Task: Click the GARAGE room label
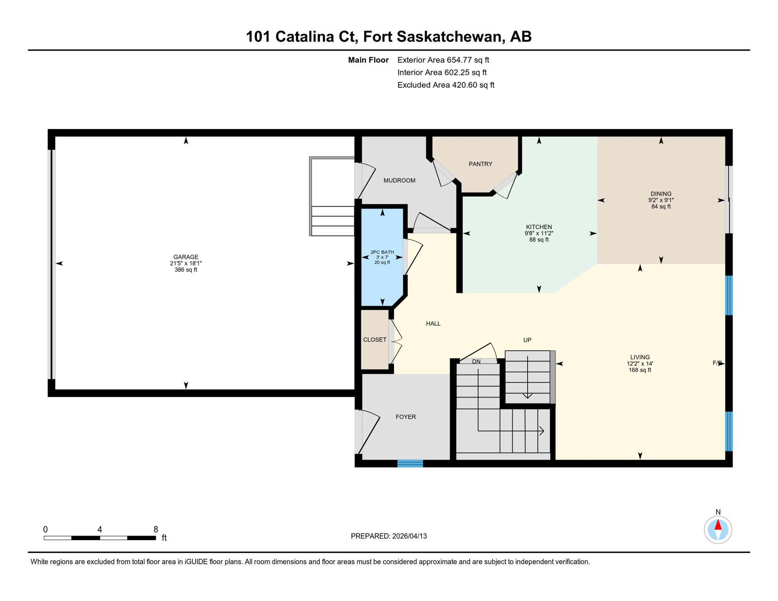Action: [186, 257]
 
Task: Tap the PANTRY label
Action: [481, 164]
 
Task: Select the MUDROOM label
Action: [399, 180]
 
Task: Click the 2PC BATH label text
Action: [382, 252]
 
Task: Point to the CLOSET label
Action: [375, 340]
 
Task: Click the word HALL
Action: [433, 324]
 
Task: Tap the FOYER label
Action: [405, 417]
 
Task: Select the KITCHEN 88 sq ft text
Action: [539, 240]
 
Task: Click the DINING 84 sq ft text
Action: [661, 207]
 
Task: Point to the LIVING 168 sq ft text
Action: [640, 370]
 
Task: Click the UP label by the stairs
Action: [527, 340]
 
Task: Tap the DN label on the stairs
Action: [476, 362]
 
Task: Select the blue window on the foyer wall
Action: [410, 464]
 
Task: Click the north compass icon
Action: [718, 530]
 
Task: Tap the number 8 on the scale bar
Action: [156, 529]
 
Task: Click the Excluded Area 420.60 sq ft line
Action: [446, 85]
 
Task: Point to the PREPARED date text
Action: [389, 536]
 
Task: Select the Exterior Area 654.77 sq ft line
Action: [443, 60]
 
